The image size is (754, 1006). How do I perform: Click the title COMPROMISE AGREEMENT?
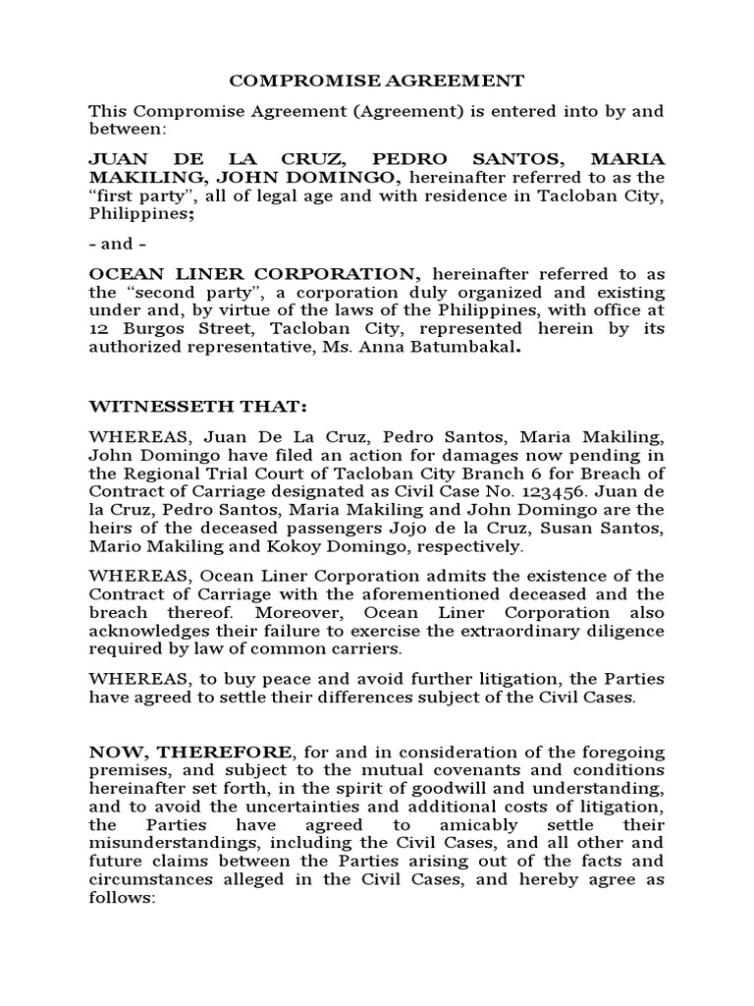(377, 81)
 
